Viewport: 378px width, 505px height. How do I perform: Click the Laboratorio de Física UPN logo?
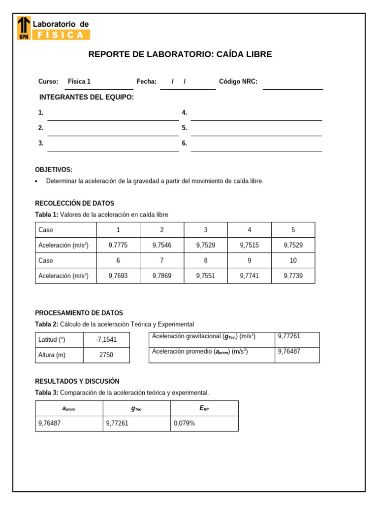(54, 28)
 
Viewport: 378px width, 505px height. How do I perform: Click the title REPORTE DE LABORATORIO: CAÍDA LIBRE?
(180, 54)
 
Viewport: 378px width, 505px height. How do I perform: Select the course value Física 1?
(79, 81)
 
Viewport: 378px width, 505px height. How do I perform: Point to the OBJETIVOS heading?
(54, 170)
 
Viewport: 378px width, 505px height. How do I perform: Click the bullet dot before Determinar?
(37, 181)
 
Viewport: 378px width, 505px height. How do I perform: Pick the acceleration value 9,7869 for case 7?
(162, 276)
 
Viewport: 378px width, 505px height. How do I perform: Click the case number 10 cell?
(293, 260)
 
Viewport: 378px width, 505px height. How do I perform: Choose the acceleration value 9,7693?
(118, 276)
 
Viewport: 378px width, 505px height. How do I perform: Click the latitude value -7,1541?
(106, 340)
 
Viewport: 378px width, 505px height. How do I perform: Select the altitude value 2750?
(106, 355)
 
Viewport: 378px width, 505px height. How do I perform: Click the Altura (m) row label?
(52, 355)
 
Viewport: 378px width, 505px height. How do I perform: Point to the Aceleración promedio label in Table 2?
(200, 352)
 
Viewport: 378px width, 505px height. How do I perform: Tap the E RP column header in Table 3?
(204, 408)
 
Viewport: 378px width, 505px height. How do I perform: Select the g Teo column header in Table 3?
(136, 408)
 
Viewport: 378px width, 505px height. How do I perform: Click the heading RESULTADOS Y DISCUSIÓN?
(77, 381)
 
